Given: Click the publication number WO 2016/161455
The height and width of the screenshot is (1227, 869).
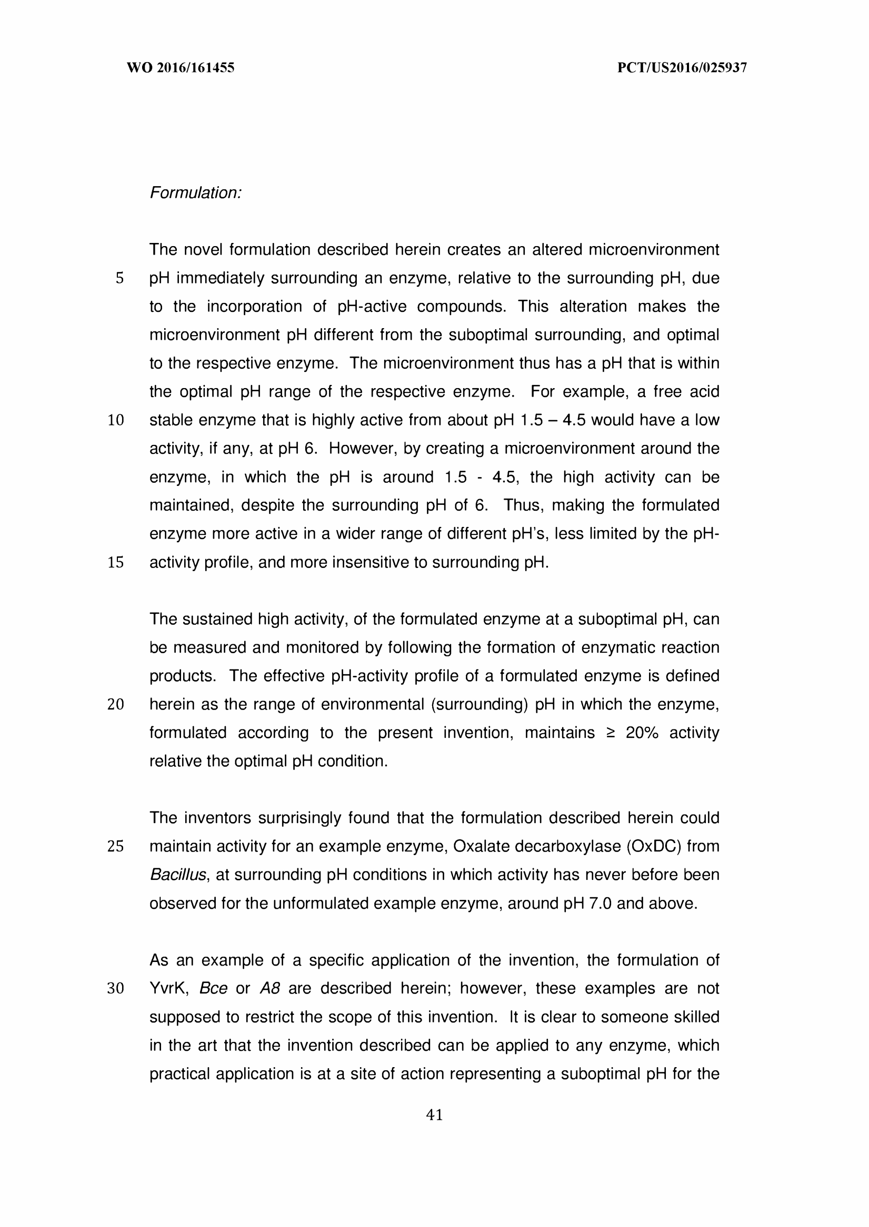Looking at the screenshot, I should pos(181,68).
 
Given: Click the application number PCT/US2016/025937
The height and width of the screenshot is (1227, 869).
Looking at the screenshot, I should pos(682,68).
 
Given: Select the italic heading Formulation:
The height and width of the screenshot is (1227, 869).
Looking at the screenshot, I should pos(195,193).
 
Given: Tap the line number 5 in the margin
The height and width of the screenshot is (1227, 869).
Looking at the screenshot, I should pos(119,279).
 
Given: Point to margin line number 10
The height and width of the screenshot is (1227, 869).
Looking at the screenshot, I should pos(116,421).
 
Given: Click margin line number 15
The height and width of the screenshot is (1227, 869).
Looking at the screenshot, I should pos(116,563).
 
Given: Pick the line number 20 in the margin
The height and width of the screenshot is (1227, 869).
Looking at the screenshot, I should pos(116,705).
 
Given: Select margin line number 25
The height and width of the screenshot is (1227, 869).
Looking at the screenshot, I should pos(116,847).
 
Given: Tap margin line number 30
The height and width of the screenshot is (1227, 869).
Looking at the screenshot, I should pos(116,989).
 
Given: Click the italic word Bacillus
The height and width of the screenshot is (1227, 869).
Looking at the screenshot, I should pos(178,875).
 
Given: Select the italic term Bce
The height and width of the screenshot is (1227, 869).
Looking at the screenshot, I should pos(213,989).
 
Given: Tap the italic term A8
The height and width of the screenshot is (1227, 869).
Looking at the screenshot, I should pos(269,989).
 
